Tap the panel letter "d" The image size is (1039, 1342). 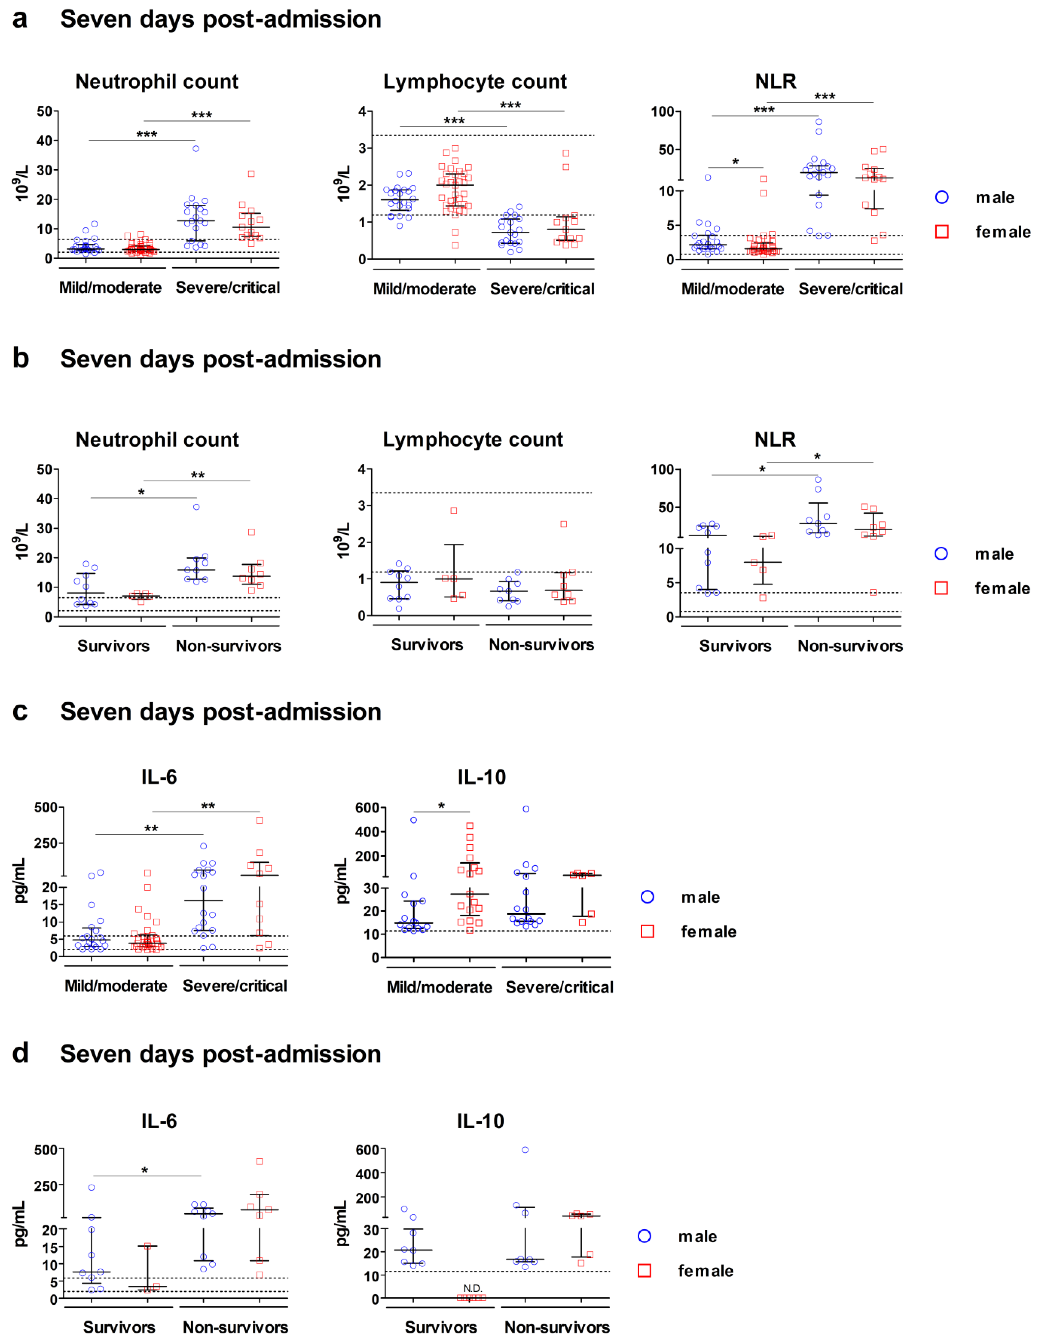[20, 1053]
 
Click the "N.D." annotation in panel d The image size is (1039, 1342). [472, 1288]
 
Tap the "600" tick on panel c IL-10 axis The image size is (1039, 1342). [367, 807]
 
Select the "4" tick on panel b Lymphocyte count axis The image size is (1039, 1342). [362, 470]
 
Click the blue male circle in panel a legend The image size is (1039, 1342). [941, 197]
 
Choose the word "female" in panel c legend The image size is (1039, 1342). [708, 932]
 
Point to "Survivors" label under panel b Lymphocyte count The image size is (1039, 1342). [427, 645]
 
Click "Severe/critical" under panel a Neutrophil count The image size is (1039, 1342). [227, 288]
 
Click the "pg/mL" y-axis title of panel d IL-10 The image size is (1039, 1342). [343, 1224]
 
